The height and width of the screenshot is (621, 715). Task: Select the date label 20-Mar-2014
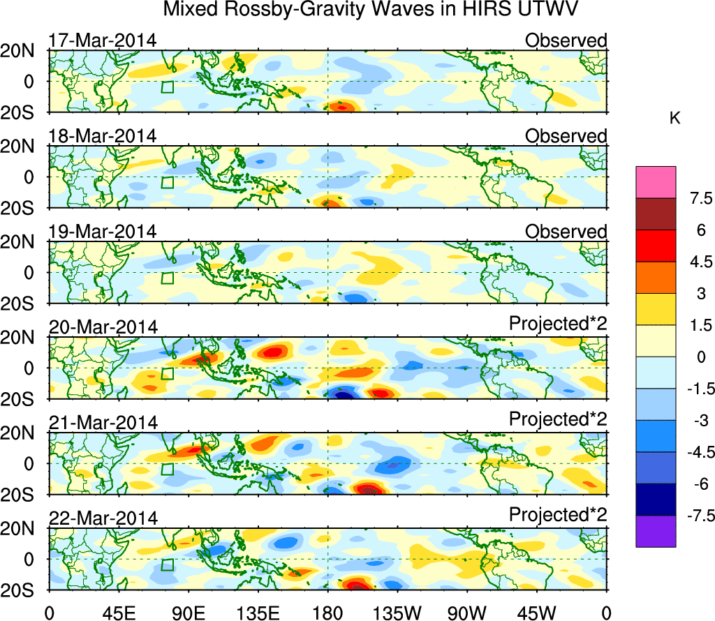102,327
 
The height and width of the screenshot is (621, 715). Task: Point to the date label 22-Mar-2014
102,518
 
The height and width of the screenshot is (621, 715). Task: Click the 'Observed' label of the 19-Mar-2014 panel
566,232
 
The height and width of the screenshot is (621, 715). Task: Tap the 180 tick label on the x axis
328,613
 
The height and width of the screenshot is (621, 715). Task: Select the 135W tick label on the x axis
398,613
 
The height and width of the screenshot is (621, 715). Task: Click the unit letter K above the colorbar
675,119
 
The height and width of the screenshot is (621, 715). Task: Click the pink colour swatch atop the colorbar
656,182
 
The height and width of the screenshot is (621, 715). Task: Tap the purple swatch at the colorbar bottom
656,531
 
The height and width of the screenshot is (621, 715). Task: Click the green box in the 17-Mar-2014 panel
167,87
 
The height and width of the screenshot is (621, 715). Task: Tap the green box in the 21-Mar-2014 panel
167,469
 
